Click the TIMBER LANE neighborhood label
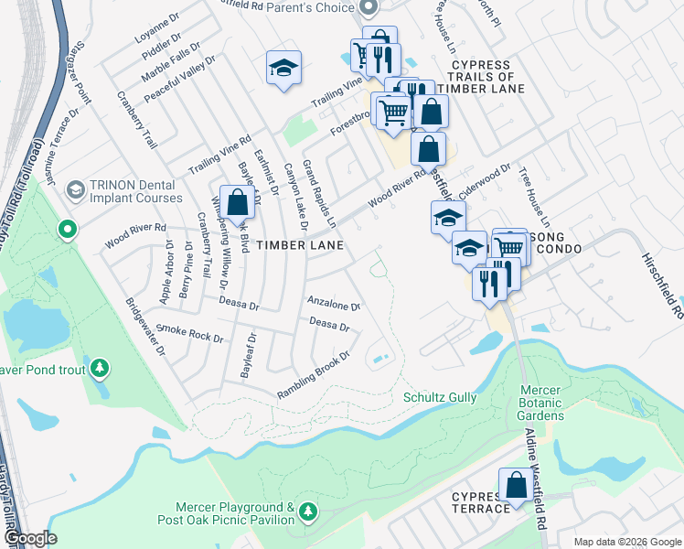(300, 245)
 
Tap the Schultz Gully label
(440, 397)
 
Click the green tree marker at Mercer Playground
(309, 509)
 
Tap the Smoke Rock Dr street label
(190, 332)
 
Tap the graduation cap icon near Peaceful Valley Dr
(284, 68)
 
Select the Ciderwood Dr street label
(485, 180)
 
